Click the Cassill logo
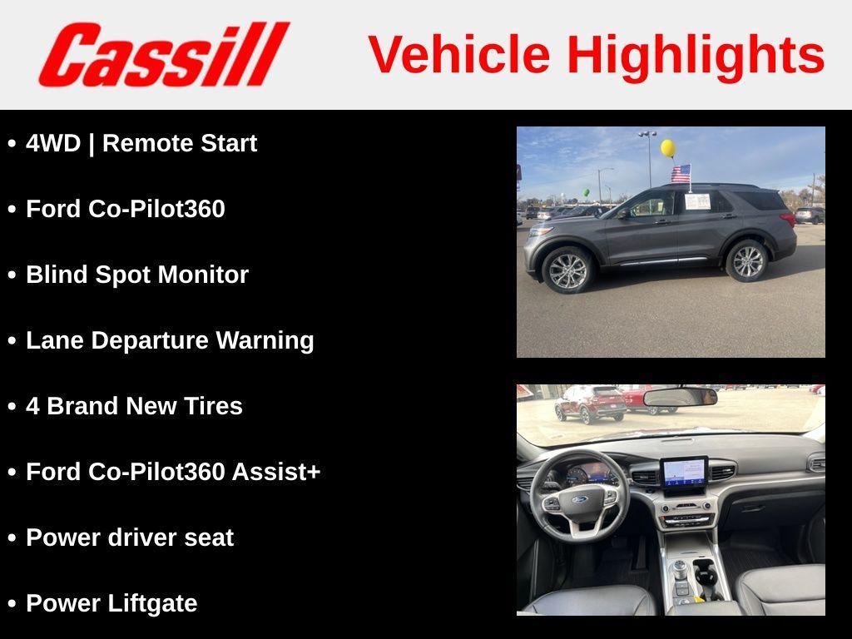[163, 54]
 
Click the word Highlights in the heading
[696, 55]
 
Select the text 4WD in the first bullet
[53, 143]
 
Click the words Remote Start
[179, 143]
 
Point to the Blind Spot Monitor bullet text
[137, 275]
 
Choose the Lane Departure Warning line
[170, 340]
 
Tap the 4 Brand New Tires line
[134, 406]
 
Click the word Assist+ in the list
[275, 472]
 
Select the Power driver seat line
[130, 537]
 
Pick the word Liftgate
[156, 603]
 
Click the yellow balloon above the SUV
[667, 148]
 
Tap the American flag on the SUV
[681, 174]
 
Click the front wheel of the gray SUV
[568, 270]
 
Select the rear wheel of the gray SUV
[747, 261]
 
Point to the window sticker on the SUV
[697, 201]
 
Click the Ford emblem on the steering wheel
[579, 500]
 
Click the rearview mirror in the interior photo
[680, 397]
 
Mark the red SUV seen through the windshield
[592, 403]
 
